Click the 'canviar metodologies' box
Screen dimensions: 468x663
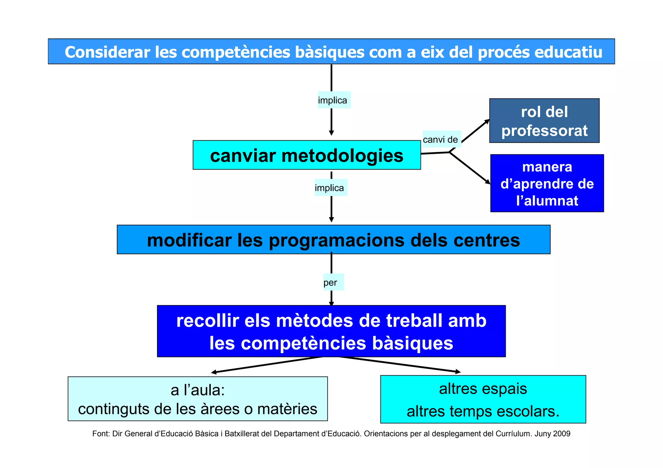307,155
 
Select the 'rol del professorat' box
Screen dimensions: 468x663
544,121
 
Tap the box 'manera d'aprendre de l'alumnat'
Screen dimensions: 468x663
547,183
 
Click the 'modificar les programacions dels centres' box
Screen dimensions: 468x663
333,240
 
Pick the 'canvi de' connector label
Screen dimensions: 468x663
441,139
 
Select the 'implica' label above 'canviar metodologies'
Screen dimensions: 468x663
333,100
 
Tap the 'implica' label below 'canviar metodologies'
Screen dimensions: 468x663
330,188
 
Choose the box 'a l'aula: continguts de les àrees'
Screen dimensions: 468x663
197,399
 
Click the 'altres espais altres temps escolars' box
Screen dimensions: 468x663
483,399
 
